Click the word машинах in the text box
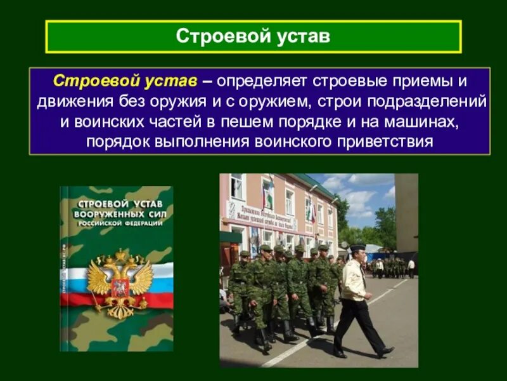pos(430,121)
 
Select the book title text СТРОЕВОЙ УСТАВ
pos(117,204)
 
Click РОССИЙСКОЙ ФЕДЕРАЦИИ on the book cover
pos(117,224)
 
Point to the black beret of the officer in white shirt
pos(358,247)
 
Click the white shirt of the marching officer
pos(354,279)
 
